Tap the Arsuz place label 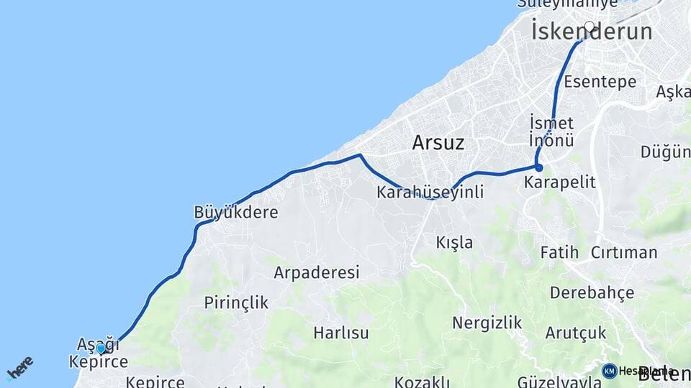click(x=438, y=142)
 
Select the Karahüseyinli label click(x=430, y=193)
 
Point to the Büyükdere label click(x=235, y=212)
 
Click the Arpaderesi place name click(x=316, y=273)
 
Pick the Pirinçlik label click(x=236, y=302)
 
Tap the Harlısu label click(x=341, y=333)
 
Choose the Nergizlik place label click(x=487, y=323)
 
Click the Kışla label click(x=454, y=242)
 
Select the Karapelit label click(x=560, y=182)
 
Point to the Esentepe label click(x=600, y=81)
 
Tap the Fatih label click(x=560, y=252)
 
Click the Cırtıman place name click(x=623, y=252)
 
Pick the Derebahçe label click(x=592, y=292)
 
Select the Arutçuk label click(x=575, y=333)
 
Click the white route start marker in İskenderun click(x=590, y=27)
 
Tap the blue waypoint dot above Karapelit click(x=538, y=167)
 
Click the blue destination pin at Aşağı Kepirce click(x=101, y=349)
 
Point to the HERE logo click(x=19, y=368)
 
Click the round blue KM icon click(x=609, y=371)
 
